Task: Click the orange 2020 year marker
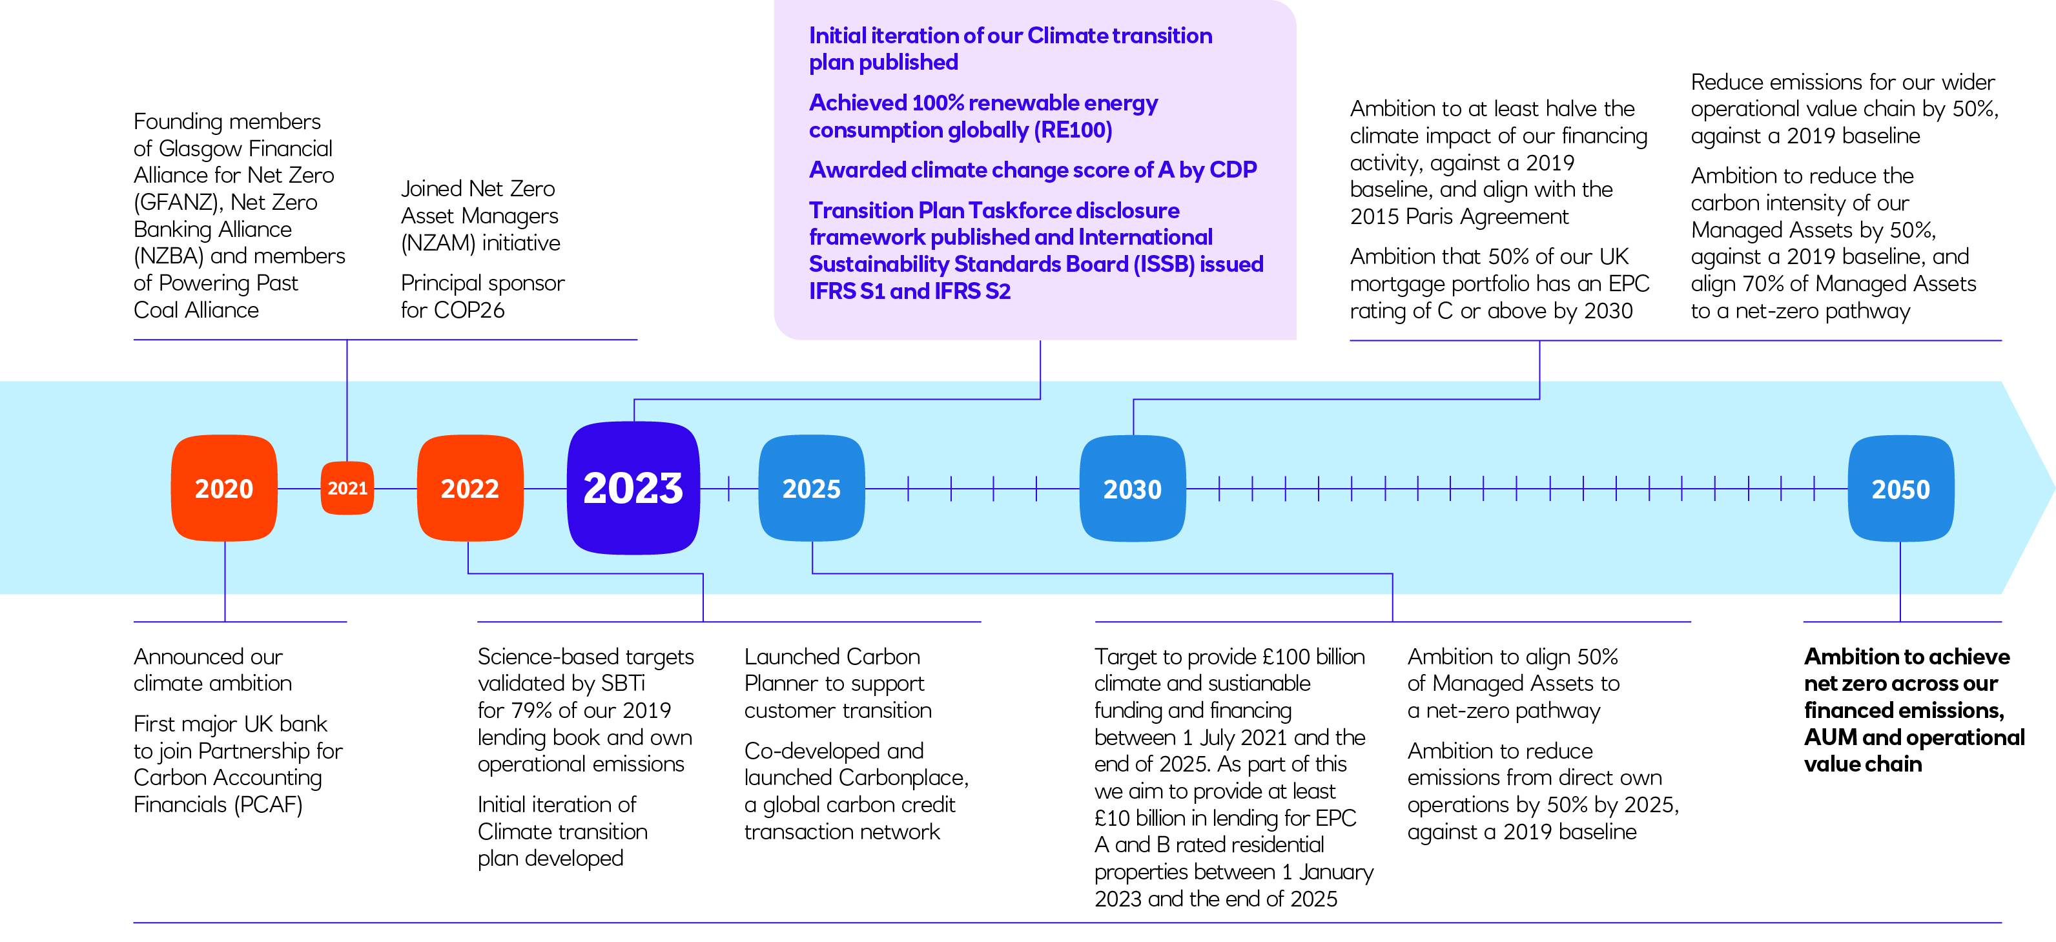coord(224,487)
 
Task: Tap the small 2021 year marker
coord(347,487)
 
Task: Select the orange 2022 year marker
coord(470,487)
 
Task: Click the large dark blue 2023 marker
coord(633,487)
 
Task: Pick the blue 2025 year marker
coord(812,487)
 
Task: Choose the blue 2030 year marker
coord(1133,487)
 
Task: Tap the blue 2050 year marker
coord(1901,487)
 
